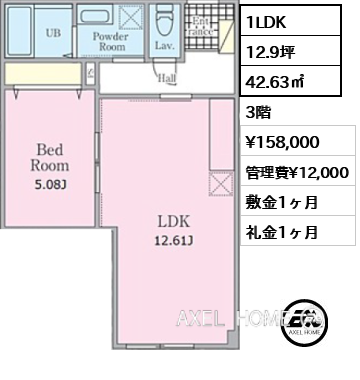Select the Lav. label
point(165,46)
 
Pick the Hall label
point(167,79)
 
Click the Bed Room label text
point(49,159)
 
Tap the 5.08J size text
point(49,183)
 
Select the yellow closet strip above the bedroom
point(44,74)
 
